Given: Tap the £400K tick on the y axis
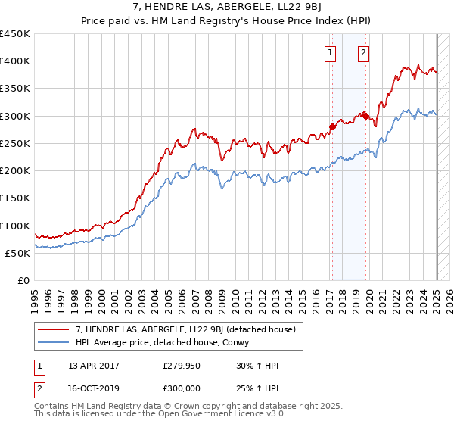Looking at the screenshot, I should (15, 61).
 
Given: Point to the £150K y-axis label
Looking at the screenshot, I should (15, 198).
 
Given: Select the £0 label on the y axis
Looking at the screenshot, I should (23, 281).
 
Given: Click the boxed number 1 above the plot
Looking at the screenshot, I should (331, 52).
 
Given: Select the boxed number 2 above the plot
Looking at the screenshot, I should (364, 52).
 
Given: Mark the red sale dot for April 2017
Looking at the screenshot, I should (332, 126).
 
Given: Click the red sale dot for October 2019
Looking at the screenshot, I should (365, 116).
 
